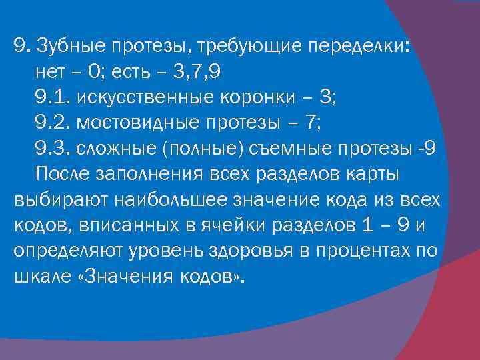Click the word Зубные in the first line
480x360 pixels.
[x=69, y=45]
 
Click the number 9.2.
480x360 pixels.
[x=53, y=123]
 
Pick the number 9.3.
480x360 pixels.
[x=53, y=149]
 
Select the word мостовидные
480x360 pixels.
[x=141, y=123]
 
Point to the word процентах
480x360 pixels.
[x=373, y=251]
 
